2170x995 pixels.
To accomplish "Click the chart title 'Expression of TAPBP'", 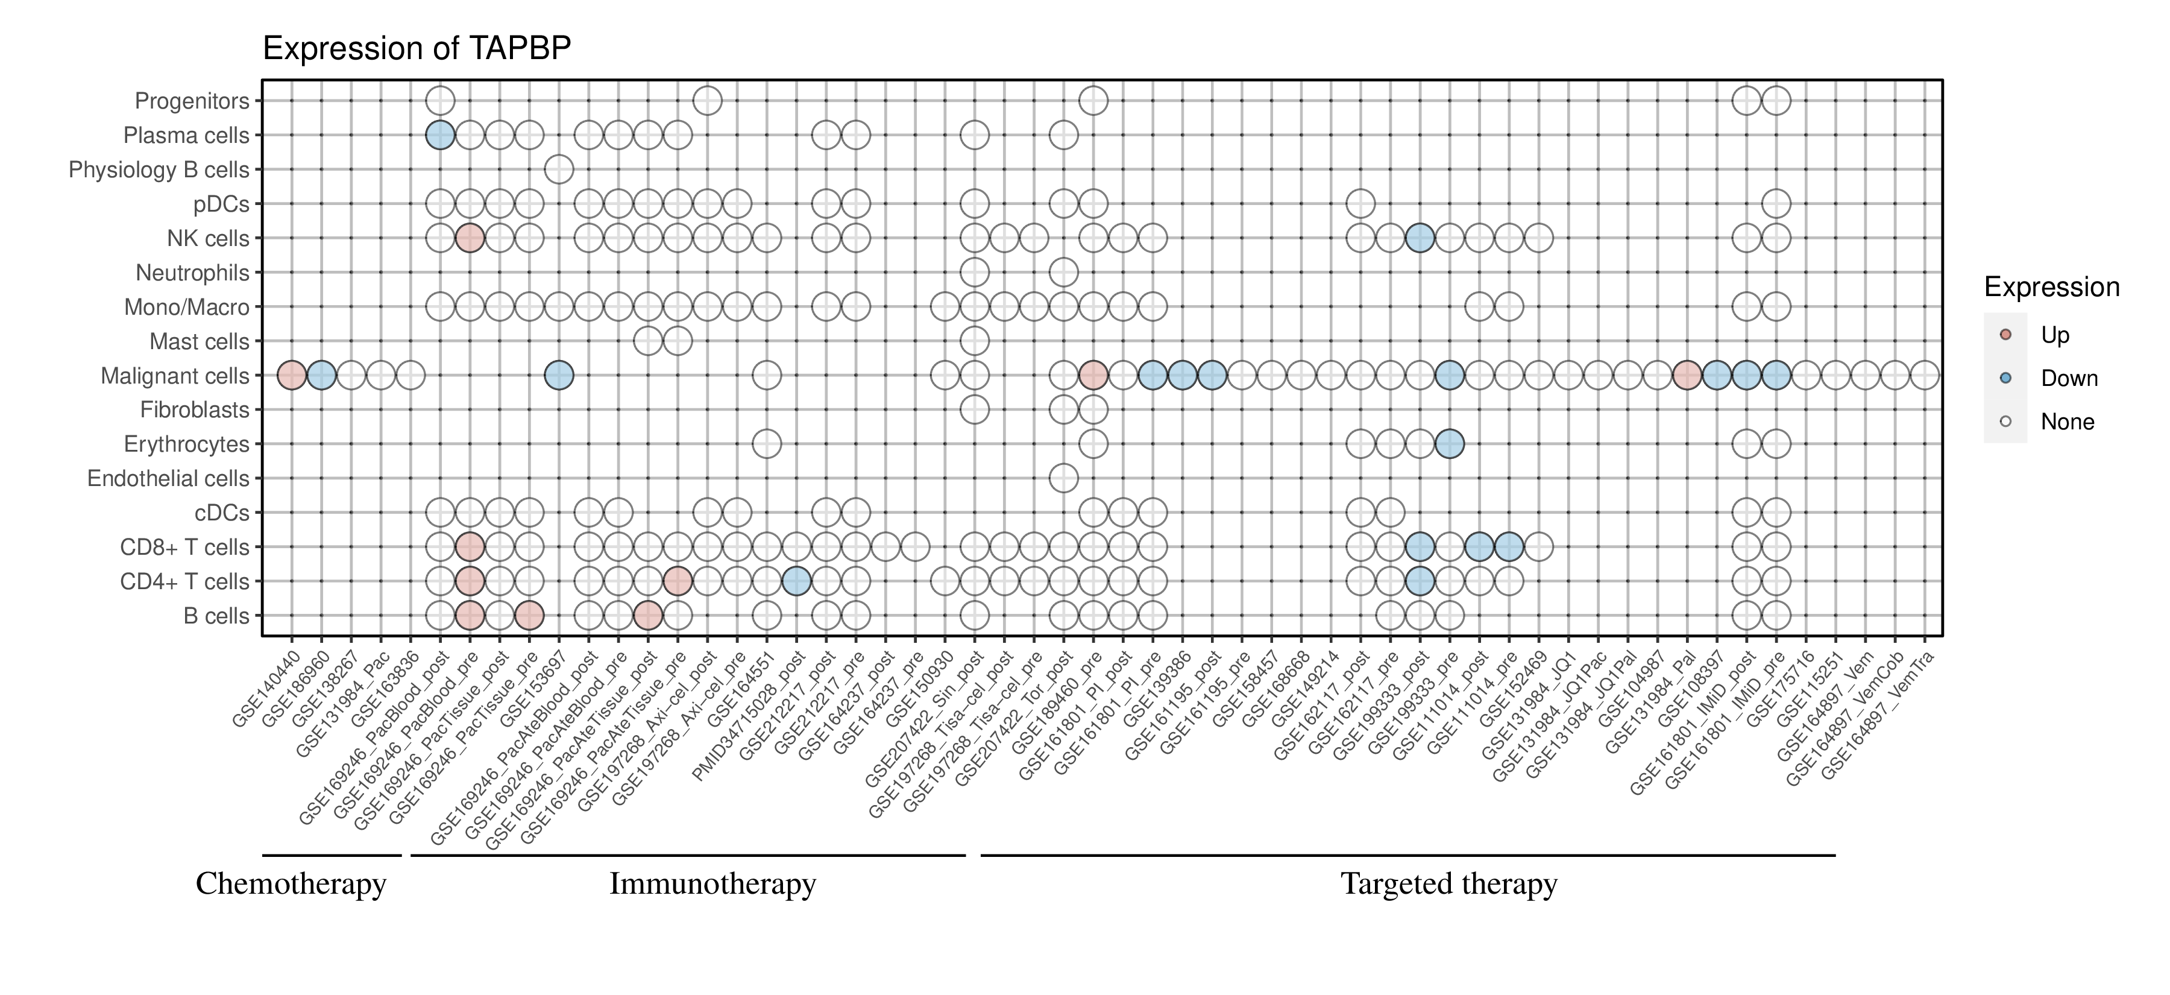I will tap(417, 49).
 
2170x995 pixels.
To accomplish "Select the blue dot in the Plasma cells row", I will tap(440, 135).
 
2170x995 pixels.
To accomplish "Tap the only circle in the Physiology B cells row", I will tap(559, 169).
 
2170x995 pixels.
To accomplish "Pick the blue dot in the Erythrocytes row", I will tap(1449, 443).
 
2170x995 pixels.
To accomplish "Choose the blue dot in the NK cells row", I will tap(1420, 238).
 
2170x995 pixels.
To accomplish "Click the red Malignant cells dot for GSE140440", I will tap(292, 375).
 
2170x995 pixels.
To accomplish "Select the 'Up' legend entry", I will tap(2055, 335).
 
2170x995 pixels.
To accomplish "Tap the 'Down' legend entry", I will tap(2068, 378).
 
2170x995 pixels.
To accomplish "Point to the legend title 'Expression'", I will tap(2051, 287).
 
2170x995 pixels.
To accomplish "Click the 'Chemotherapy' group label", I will tap(291, 884).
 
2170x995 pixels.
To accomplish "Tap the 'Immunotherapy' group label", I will tap(712, 884).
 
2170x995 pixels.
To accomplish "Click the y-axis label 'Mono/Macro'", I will tap(186, 308).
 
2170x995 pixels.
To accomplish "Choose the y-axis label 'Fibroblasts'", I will tap(195, 410).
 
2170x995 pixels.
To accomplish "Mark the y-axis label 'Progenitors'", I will tap(192, 101).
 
